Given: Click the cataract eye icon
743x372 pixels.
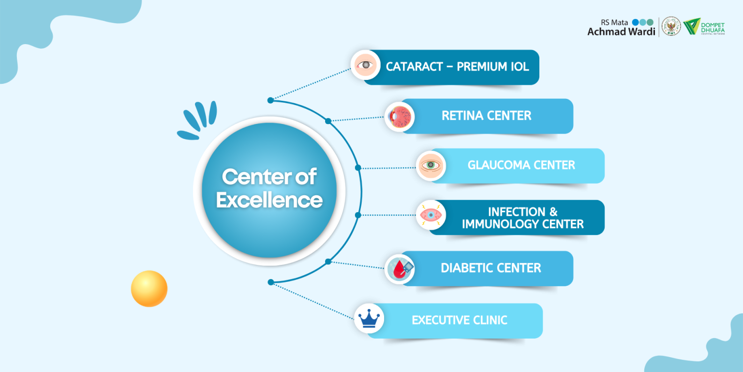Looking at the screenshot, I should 366,65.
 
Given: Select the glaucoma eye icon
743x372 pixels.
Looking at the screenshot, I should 431,166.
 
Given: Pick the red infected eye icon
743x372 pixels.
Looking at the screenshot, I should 431,215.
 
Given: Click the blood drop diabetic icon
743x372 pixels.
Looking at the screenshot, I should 400,269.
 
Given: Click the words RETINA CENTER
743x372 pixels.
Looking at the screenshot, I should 486,116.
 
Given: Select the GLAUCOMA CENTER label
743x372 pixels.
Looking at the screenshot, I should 521,165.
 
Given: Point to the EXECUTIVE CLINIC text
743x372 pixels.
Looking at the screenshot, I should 459,320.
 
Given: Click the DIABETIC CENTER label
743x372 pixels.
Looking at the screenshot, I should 490,268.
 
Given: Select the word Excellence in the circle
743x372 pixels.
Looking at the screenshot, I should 269,200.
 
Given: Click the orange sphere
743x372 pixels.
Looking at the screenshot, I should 149,289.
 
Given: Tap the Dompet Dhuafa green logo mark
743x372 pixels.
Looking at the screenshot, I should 691,26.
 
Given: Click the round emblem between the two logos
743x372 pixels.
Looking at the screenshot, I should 671,26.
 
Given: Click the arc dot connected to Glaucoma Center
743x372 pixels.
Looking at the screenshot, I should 358,168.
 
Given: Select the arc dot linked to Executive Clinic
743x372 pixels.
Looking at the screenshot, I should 270,282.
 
